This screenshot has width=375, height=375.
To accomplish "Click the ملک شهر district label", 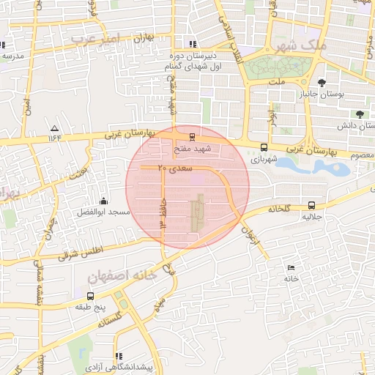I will point(301,45).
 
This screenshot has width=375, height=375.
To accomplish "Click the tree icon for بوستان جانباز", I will point(323,83).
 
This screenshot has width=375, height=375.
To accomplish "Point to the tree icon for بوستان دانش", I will point(359,114).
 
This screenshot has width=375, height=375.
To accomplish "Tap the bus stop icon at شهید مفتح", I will point(192,136).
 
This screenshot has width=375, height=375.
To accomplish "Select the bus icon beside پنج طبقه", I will point(90,297).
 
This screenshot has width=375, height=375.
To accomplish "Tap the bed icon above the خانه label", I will point(292,267).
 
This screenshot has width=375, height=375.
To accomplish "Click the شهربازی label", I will point(264,158).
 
